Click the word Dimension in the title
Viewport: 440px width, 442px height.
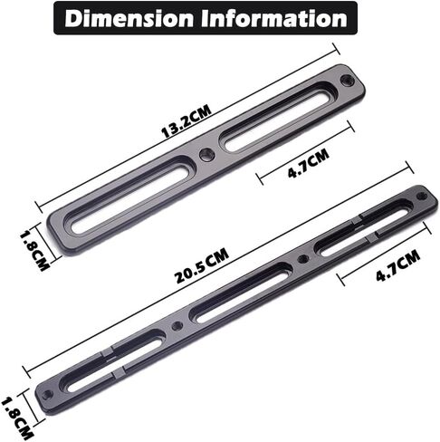click(129, 18)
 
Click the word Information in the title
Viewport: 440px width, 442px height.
click(274, 18)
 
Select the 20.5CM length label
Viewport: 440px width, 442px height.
click(202, 266)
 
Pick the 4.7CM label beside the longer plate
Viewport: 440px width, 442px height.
click(397, 265)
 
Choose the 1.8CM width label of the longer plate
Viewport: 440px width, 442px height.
click(17, 418)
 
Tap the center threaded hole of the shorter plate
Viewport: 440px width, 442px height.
click(207, 154)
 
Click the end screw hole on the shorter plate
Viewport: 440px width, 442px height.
click(347, 80)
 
